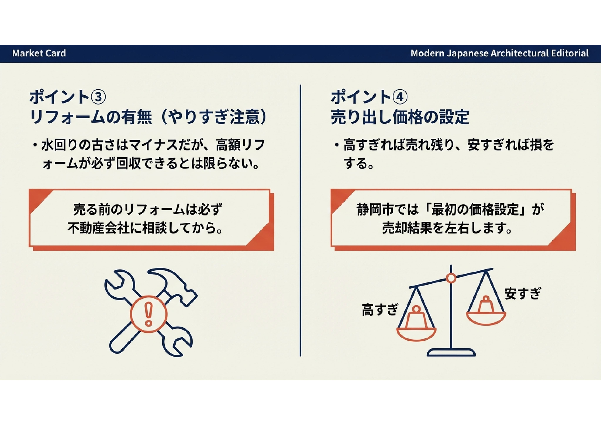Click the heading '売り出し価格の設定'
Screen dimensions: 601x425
[x=400, y=117]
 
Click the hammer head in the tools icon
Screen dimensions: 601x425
[x=173, y=284]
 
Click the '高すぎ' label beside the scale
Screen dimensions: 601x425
[x=380, y=310]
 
